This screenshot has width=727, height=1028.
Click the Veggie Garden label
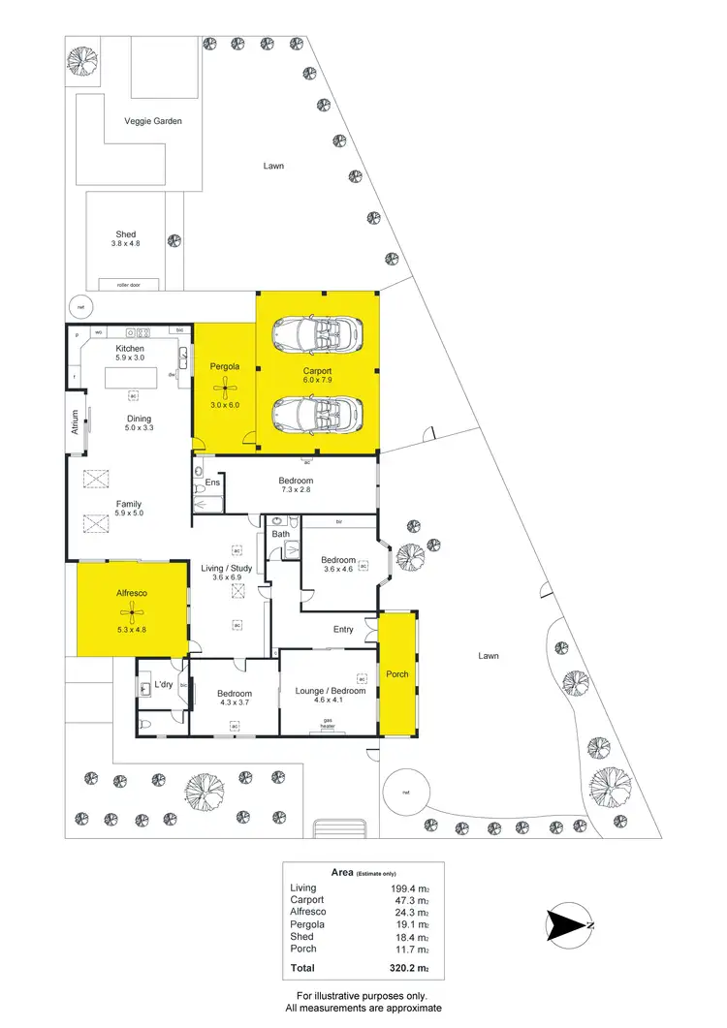pos(153,121)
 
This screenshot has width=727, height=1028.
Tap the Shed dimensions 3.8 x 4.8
pos(127,244)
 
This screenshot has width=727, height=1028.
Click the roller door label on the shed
pos(129,284)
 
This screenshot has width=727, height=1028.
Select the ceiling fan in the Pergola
pos(225,389)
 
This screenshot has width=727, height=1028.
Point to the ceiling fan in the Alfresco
pos(131,611)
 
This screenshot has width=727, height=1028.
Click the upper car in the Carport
pos(318,335)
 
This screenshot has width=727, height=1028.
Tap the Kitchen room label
pos(130,348)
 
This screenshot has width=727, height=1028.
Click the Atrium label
pos(74,422)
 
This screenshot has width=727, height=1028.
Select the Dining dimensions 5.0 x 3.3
pos(138,427)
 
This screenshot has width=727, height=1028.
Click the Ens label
pos(212,482)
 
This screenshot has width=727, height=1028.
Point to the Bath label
pos(280,534)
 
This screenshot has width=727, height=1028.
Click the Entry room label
pos(343,629)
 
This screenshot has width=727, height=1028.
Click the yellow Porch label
pos(397,673)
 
